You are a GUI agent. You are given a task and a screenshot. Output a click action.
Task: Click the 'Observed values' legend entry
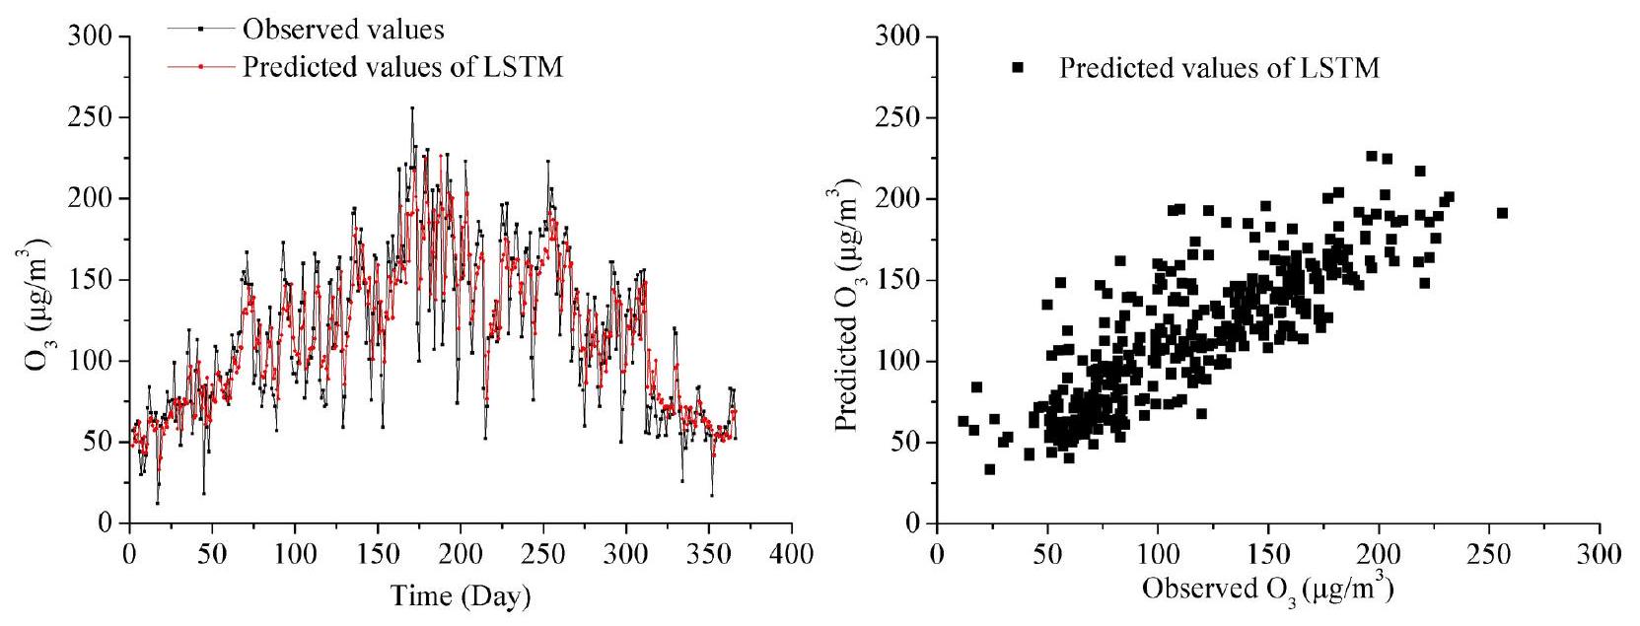click(x=342, y=30)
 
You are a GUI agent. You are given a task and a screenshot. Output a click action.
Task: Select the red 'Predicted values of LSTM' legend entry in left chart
click(x=401, y=67)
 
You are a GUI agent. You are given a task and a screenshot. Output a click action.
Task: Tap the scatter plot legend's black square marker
click(x=1018, y=67)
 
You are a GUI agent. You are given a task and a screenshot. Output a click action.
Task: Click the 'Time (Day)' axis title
click(x=460, y=595)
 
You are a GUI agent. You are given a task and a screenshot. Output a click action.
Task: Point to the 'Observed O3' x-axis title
click(x=1267, y=589)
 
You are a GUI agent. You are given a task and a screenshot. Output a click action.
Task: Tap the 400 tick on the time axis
click(x=792, y=554)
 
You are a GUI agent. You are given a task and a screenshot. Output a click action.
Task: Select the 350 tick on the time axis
click(x=709, y=554)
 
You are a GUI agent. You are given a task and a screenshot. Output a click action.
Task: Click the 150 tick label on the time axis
click(x=378, y=554)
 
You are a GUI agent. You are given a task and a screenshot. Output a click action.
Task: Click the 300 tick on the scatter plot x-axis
click(x=1600, y=554)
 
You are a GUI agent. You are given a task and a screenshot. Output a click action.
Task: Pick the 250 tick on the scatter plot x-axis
click(x=1489, y=554)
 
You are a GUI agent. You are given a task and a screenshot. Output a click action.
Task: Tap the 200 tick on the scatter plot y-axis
click(x=899, y=199)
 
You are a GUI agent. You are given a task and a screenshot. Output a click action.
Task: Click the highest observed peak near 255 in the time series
click(x=412, y=107)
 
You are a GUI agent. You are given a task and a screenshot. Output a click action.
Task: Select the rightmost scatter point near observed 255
click(x=1502, y=213)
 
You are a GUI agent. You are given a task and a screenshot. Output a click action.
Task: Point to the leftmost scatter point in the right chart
click(x=963, y=421)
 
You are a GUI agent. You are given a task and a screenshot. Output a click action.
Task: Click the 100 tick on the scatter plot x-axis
click(x=1158, y=554)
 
